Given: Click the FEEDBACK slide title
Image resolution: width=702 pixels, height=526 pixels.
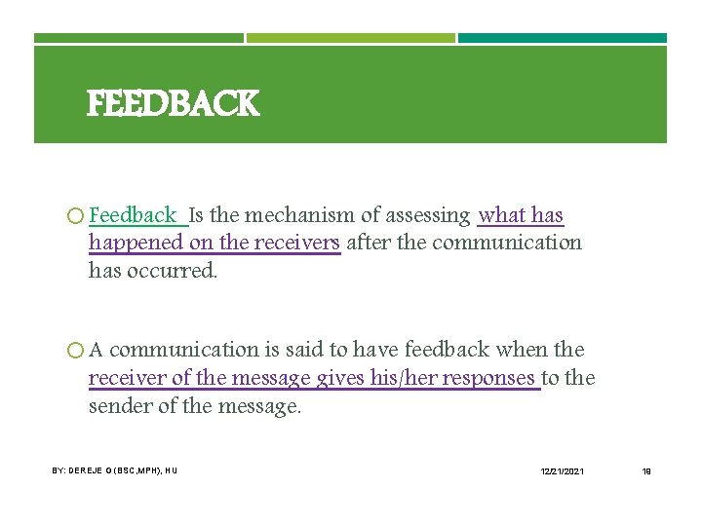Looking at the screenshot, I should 173,103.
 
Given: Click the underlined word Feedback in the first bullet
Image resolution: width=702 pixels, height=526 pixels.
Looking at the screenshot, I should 133,215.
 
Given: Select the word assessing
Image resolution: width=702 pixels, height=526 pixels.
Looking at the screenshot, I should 422,215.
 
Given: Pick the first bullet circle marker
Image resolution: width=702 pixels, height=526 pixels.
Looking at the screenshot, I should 76,216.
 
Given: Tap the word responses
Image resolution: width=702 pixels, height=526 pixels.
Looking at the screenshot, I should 487,378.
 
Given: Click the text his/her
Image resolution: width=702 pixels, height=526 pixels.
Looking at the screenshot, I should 404,378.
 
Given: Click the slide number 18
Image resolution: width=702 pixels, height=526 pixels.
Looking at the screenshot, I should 645,471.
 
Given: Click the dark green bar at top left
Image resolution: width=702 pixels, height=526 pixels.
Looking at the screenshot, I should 138,39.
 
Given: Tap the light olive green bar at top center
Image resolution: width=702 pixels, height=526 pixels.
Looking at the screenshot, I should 351,39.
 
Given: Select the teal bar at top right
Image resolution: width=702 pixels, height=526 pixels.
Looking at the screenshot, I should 563,39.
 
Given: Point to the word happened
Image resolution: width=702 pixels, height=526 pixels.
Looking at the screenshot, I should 137,243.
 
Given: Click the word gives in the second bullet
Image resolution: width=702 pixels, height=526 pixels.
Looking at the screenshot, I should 340,378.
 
